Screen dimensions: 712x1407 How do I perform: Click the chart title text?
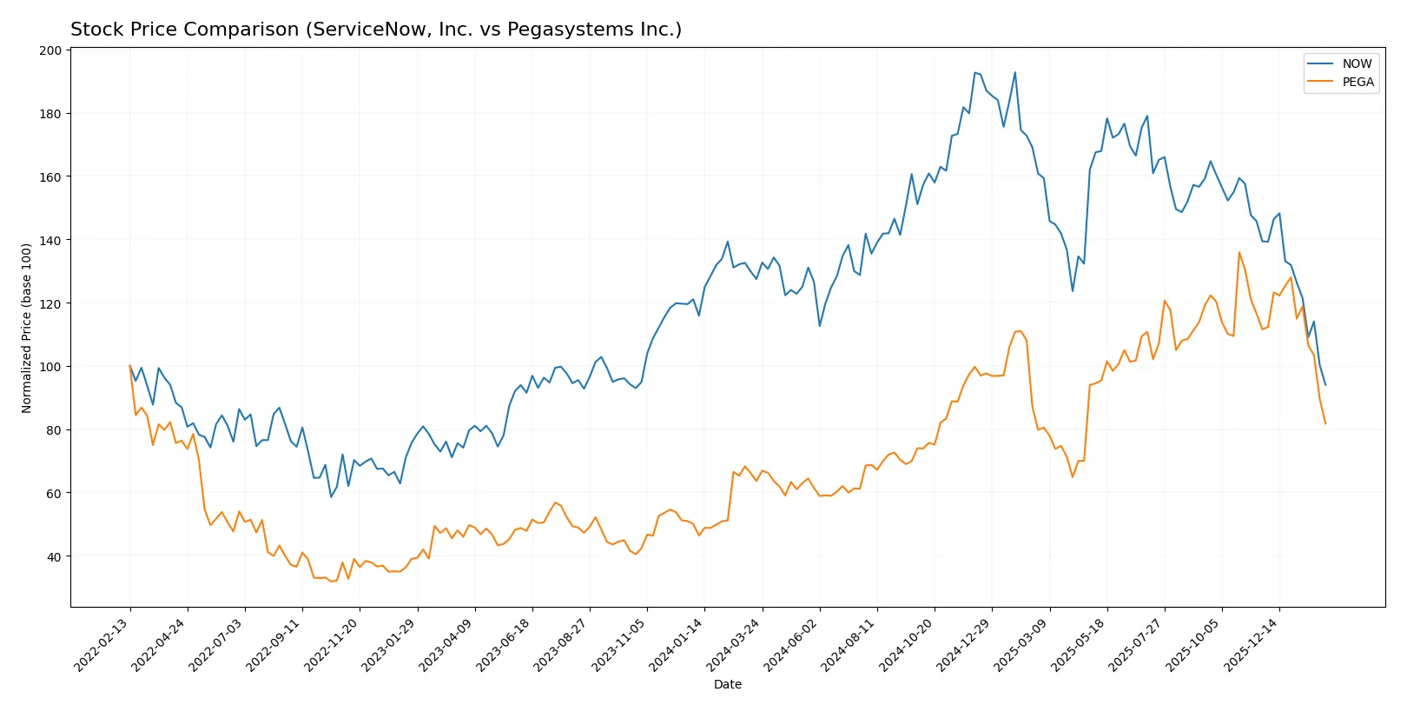point(375,30)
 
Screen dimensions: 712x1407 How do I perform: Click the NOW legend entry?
point(1356,63)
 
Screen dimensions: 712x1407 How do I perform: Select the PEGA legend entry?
point(1357,82)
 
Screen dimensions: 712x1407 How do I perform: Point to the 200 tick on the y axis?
point(50,50)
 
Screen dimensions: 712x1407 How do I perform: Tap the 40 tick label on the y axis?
point(54,556)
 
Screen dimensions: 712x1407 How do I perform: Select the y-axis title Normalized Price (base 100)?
point(27,328)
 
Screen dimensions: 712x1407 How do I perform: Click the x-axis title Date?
point(727,684)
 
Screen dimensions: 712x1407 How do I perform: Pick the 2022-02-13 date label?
point(102,644)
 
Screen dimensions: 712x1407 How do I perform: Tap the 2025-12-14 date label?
point(1252,644)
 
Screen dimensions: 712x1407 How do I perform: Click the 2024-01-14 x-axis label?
point(677,644)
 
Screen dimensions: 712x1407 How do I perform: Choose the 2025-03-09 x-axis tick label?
point(1021,644)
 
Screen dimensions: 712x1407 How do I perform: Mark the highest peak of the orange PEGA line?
point(1239,252)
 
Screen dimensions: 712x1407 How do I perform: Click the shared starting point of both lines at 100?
point(130,366)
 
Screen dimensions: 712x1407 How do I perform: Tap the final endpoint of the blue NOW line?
point(1325,384)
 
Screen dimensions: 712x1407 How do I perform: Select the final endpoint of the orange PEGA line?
point(1325,423)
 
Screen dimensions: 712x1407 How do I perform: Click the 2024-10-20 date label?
point(907,644)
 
